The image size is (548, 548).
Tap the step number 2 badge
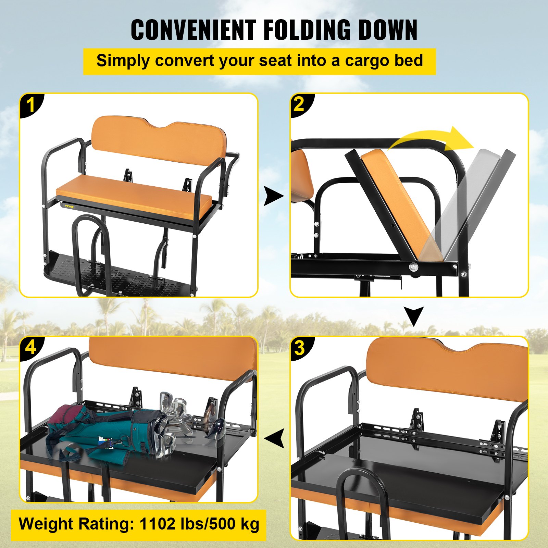[299, 104]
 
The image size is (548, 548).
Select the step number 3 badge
[299, 348]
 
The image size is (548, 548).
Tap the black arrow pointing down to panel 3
[414, 316]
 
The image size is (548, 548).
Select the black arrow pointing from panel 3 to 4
[275, 438]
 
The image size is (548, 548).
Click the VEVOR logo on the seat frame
[69, 207]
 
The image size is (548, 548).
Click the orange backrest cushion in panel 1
[158, 144]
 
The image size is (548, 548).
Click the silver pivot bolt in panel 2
[414, 267]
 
